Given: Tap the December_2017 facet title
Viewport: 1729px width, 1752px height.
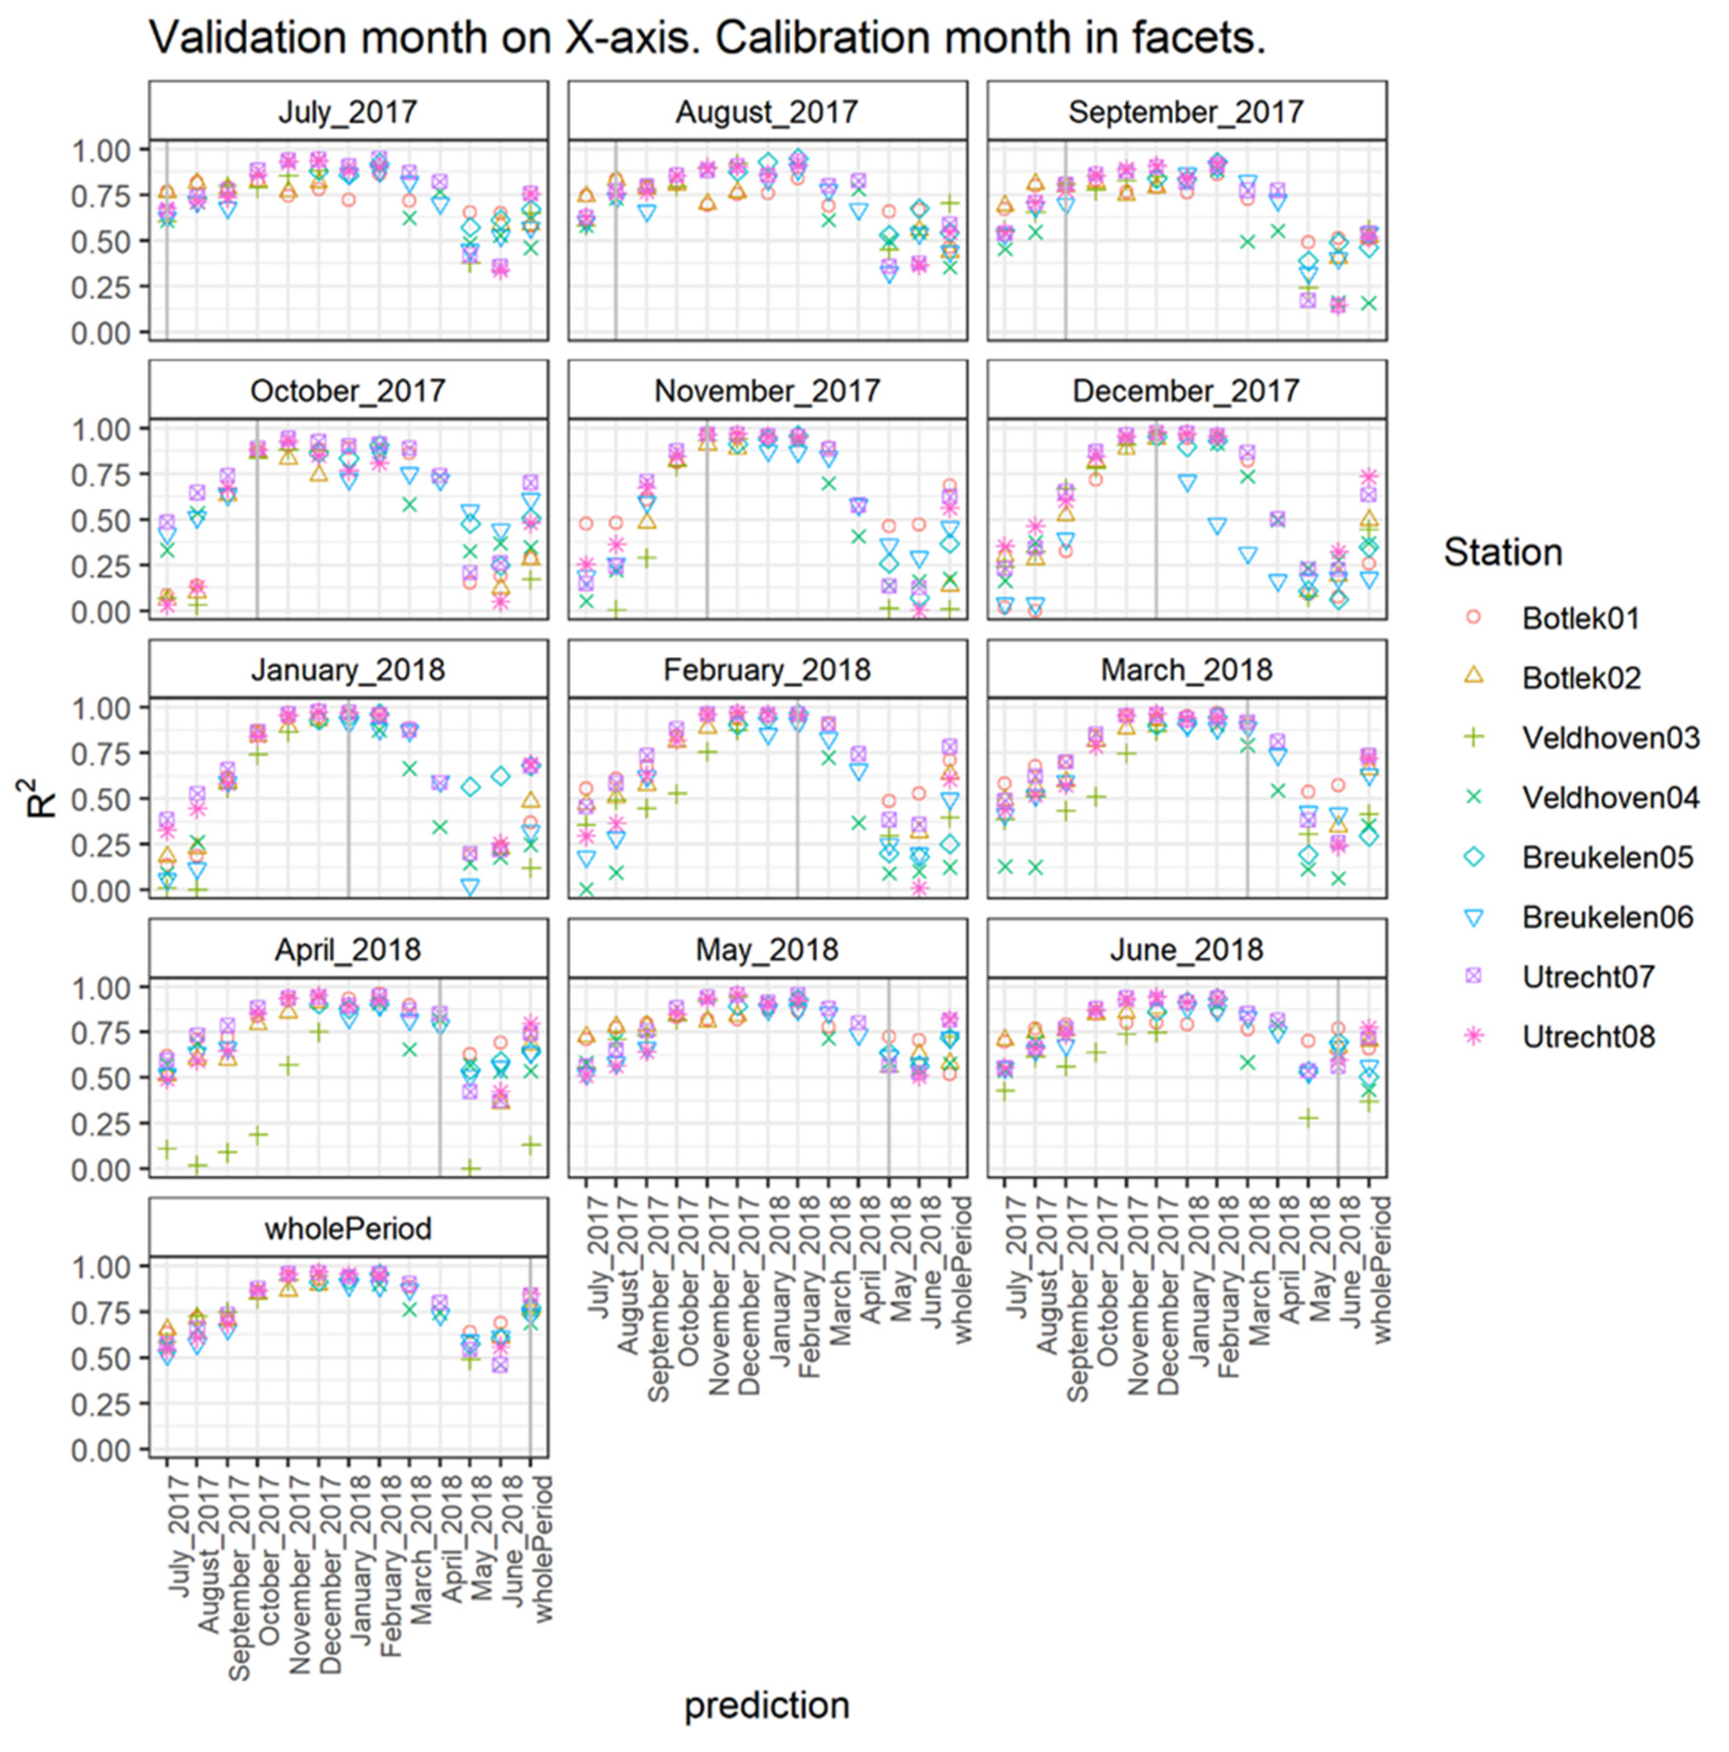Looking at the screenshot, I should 1186,391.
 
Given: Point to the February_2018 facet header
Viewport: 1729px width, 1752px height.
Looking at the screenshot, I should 767,670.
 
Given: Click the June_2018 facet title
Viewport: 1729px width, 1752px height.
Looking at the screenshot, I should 1186,950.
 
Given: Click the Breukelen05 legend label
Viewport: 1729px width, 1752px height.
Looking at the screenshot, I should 1606,858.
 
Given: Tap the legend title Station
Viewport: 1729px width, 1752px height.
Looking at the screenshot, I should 1502,552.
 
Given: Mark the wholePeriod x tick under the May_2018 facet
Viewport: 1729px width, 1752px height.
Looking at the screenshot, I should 961,1270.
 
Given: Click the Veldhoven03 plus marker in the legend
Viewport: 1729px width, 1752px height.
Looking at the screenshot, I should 1474,737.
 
